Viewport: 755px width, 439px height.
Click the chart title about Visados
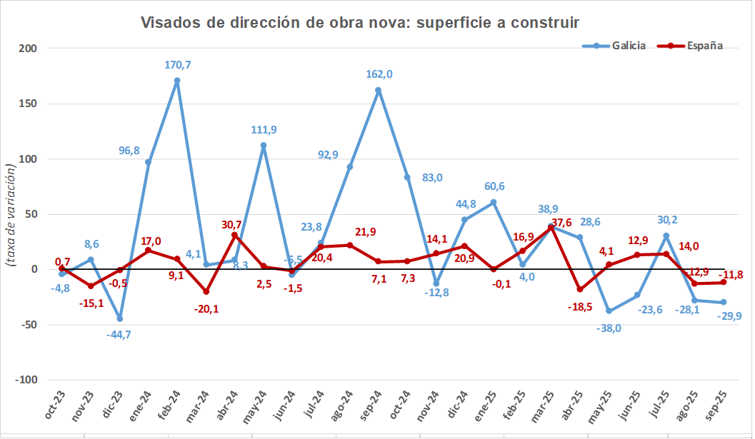(x=359, y=22)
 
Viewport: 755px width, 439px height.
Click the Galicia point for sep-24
(x=378, y=90)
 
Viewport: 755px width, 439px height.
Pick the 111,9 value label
(x=264, y=130)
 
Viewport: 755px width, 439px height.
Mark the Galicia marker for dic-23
(x=119, y=318)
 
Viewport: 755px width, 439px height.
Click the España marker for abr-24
(x=234, y=235)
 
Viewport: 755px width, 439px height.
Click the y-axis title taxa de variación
(x=10, y=214)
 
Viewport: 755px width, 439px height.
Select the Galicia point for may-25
(x=609, y=311)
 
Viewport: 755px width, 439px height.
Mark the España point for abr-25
(x=579, y=289)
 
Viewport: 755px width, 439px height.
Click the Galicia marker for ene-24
(x=148, y=162)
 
